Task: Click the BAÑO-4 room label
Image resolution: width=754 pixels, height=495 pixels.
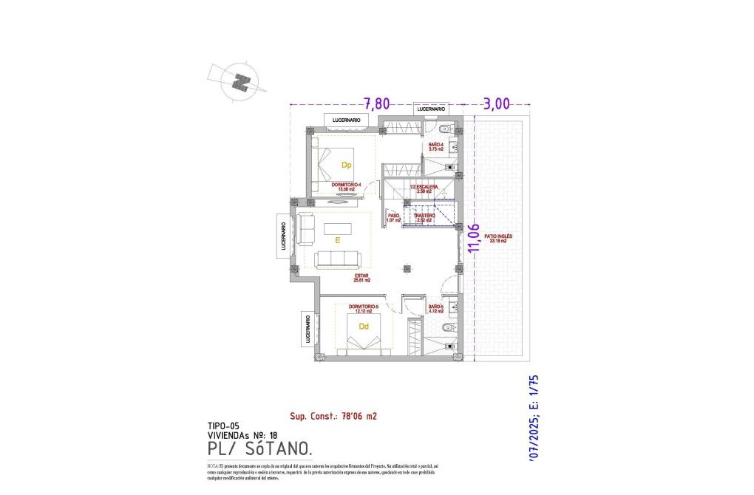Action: coord(435,146)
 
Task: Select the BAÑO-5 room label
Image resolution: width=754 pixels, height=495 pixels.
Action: coord(435,308)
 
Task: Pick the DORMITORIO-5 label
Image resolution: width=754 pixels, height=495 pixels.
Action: coord(364,308)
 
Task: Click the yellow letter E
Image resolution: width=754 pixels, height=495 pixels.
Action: coord(336,240)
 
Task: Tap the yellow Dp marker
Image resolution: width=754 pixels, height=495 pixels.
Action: coord(345,165)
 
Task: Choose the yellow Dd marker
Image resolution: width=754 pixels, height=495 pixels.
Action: coord(364,326)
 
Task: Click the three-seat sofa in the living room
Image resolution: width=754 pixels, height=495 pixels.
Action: coord(337,259)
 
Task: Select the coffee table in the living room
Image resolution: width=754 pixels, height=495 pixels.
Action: coord(339,228)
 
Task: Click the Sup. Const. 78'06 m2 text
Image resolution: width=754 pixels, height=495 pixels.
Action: coord(333,416)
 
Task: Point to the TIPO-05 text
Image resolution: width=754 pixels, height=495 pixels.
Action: coord(224,426)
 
